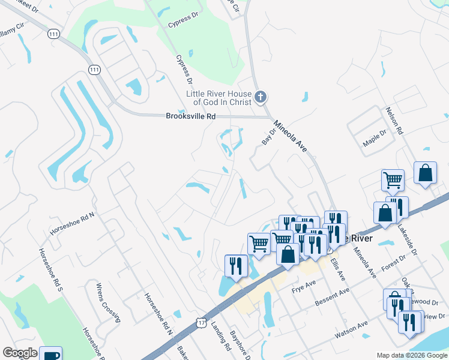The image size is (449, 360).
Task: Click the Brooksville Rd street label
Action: tap(190, 116)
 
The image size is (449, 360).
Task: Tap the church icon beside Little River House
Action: tap(261, 96)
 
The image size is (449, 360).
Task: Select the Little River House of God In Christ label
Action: tap(220, 97)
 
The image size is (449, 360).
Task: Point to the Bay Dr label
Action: tap(268, 137)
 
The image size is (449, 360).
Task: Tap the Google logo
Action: tap(20, 353)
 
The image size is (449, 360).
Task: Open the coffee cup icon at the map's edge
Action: tap(50, 354)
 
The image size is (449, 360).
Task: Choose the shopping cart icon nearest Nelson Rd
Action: tap(392, 179)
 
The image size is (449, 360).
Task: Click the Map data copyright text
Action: tap(411, 355)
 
